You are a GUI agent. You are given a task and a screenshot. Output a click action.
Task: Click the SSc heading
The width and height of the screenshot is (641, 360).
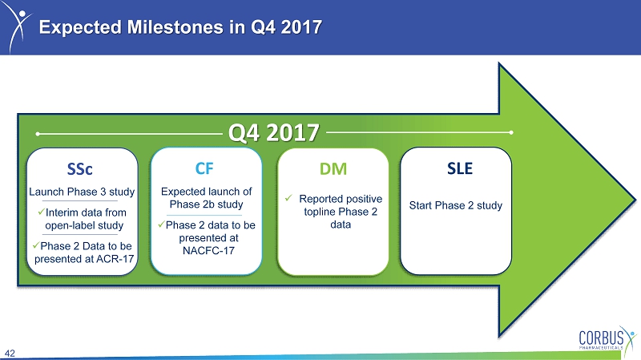click(x=79, y=169)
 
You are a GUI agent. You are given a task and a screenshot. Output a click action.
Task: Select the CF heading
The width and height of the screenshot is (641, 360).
click(x=204, y=168)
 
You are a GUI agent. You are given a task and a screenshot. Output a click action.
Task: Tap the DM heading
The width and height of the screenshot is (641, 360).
click(x=333, y=169)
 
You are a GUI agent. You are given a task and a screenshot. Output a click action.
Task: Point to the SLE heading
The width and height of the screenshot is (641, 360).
click(x=460, y=168)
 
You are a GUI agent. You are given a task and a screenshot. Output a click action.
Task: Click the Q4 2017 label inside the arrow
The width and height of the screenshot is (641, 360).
click(x=273, y=132)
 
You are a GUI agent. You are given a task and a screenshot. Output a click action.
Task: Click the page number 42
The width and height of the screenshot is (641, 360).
click(x=10, y=354)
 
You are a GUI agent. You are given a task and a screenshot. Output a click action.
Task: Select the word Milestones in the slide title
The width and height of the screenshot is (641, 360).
click(x=175, y=27)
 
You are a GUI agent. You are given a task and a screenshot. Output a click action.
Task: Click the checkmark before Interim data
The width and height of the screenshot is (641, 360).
click(x=41, y=212)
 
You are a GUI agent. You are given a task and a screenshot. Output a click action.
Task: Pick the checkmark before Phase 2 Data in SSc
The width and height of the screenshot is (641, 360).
click(x=35, y=245)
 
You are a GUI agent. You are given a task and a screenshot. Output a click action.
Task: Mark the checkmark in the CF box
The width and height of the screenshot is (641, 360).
click(x=161, y=224)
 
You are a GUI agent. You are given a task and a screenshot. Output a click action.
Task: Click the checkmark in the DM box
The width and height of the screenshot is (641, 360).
click(x=288, y=198)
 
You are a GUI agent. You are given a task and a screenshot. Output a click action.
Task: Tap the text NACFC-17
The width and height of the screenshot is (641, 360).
click(x=208, y=250)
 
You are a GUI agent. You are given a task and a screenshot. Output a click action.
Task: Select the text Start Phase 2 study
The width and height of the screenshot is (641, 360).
click(x=456, y=205)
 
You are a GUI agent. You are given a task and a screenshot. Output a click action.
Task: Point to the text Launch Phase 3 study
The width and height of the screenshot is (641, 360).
click(x=82, y=192)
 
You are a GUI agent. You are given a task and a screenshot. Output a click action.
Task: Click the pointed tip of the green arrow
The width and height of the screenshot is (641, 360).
click(x=635, y=200)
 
